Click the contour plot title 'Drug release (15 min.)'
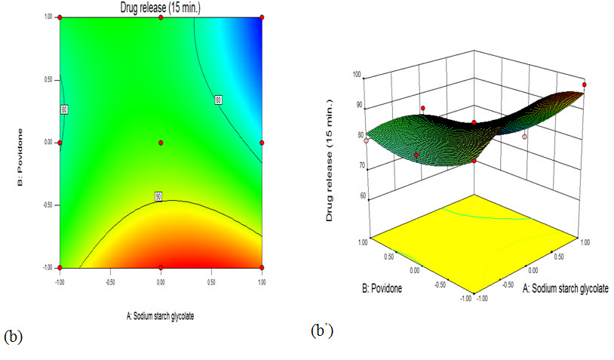[161, 8]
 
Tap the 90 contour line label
[159, 196]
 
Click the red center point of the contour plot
[161, 143]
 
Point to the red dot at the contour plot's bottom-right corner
[262, 268]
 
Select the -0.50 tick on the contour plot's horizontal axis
[110, 282]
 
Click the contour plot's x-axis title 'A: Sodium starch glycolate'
[161, 316]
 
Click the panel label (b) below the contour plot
[14, 337]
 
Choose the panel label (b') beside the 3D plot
[321, 330]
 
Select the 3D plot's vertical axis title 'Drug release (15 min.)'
[330, 174]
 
